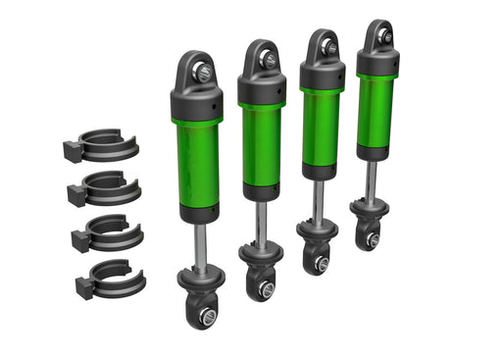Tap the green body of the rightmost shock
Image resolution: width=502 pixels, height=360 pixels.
pyautogui.click(x=376, y=108)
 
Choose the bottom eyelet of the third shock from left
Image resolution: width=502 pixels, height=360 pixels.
pyautogui.click(x=317, y=260)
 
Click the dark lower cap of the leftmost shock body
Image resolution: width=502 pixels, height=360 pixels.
pyautogui.click(x=197, y=212)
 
